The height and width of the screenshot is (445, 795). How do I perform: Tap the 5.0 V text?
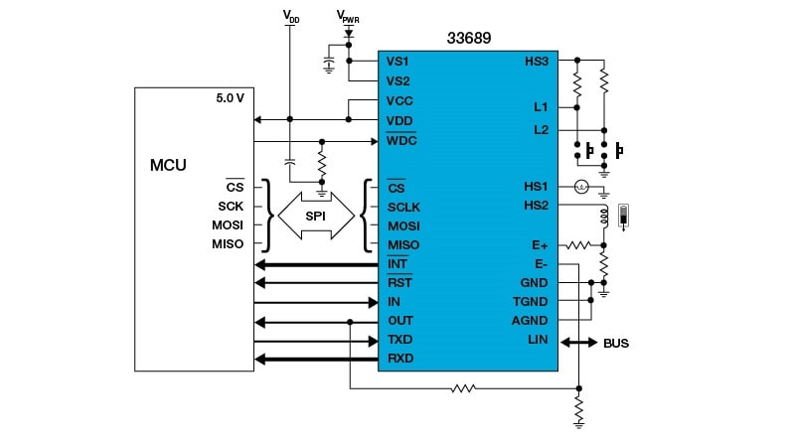[x=230, y=99]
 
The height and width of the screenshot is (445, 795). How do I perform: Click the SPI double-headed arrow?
[x=315, y=215]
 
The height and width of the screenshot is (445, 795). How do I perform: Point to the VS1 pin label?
[x=398, y=62]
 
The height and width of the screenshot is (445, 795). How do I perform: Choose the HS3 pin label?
[x=537, y=62]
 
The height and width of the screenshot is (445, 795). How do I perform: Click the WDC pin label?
[x=401, y=140]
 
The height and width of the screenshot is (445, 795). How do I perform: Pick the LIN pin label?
[x=538, y=341]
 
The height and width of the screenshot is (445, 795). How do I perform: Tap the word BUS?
[x=616, y=344]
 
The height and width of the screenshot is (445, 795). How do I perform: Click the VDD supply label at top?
[x=290, y=17]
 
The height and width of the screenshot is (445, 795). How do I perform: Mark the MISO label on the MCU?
[x=229, y=244]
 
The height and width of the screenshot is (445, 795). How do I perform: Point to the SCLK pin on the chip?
[x=403, y=207]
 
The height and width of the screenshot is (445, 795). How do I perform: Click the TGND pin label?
[x=531, y=302]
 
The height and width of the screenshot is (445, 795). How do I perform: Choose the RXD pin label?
[x=400, y=359]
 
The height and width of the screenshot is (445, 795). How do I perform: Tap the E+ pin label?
[x=541, y=244]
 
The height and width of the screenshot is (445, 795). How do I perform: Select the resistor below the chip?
[x=463, y=387]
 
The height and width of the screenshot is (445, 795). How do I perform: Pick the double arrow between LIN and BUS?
[x=578, y=342]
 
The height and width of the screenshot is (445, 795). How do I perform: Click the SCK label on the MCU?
[x=232, y=207]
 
